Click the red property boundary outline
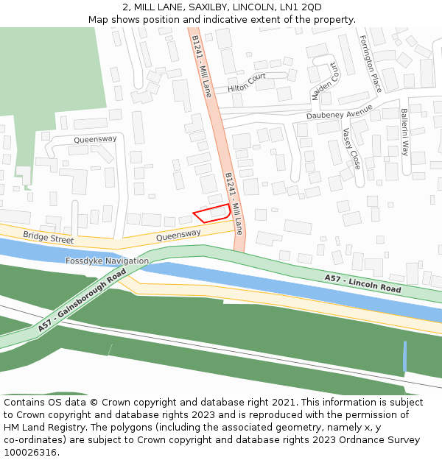coord(211,213)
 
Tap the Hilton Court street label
coord(247,82)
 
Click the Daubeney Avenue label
coord(340,114)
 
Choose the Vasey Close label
coord(351,148)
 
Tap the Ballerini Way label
coord(404,132)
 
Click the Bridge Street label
coord(48,238)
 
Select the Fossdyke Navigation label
coord(107,261)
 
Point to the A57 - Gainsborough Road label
coord(82,300)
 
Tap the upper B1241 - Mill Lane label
coord(201,66)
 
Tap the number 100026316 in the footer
coord(30,452)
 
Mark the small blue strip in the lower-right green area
coord(404,356)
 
